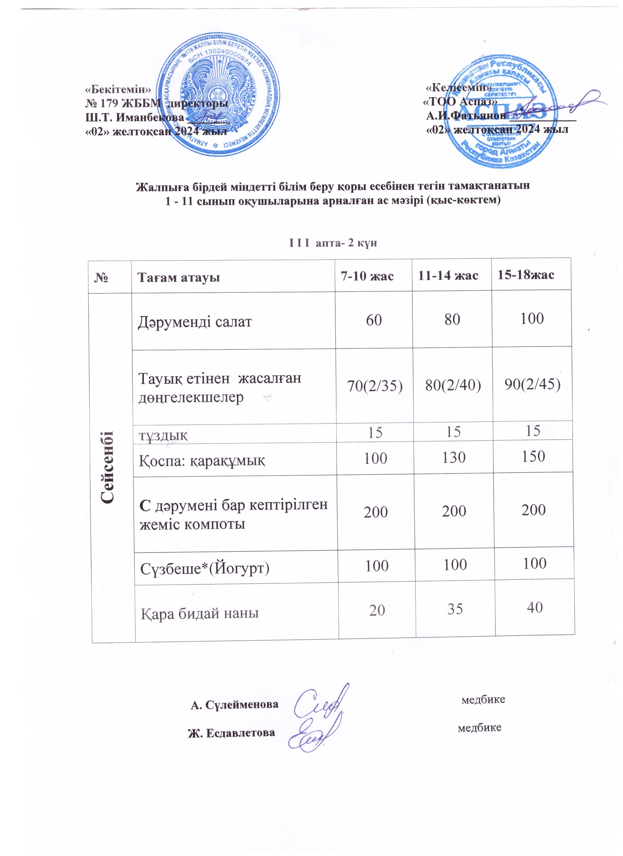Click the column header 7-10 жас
coord(367,276)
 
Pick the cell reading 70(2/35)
coord(374,386)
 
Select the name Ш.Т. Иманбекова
coord(135,117)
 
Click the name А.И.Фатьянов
coord(466,116)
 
